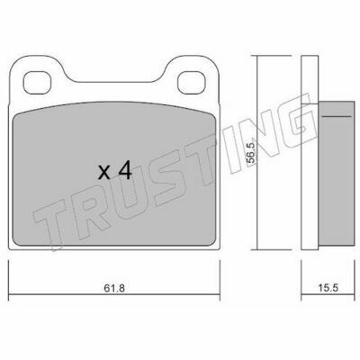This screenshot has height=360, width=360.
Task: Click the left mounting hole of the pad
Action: point(37,83)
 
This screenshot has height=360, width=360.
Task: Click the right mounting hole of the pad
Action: point(191,83)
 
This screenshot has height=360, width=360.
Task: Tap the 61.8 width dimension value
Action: point(114,288)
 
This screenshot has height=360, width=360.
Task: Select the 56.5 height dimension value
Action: point(251,153)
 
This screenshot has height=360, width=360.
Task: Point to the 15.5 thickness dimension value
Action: point(328,288)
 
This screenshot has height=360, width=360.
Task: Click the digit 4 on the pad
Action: point(125,170)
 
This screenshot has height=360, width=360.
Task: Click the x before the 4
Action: point(104,173)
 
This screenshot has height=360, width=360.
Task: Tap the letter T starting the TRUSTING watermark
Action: point(51,222)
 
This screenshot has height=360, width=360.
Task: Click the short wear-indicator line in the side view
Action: point(336,116)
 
